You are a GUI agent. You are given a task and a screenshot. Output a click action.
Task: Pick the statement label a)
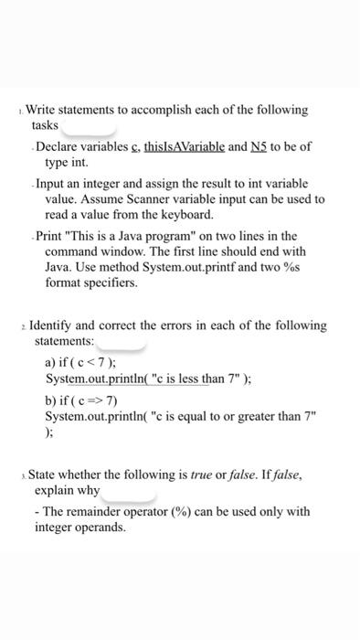coord(51,362)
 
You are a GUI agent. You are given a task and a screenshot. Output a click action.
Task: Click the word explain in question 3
coord(53,491)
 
